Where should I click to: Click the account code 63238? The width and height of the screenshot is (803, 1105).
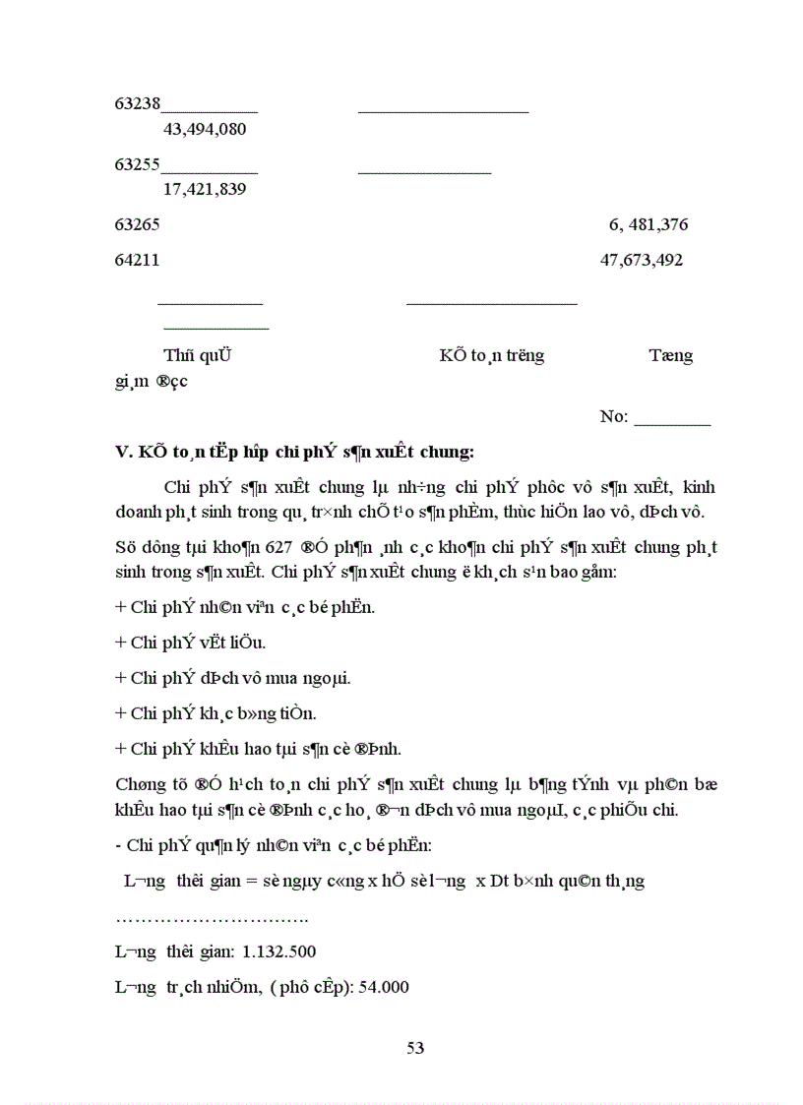[138, 102]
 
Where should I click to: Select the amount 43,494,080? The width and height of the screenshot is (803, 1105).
[205, 129]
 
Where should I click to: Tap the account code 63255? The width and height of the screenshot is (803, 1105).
[138, 164]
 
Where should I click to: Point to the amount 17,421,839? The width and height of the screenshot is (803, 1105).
[205, 189]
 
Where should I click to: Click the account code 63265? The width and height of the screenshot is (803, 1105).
[138, 224]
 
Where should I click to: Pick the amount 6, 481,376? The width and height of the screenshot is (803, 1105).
[649, 224]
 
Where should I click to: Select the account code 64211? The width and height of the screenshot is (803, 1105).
[138, 261]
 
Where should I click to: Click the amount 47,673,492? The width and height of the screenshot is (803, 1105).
[642, 261]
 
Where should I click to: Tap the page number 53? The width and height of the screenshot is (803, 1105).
[415, 1048]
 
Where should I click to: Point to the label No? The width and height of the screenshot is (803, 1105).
[614, 416]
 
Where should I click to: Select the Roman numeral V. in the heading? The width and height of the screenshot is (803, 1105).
[124, 453]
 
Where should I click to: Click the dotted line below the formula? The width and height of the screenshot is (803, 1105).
[212, 918]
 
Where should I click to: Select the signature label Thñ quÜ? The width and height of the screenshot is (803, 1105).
[197, 355]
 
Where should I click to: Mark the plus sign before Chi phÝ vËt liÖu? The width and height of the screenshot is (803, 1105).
[120, 643]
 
